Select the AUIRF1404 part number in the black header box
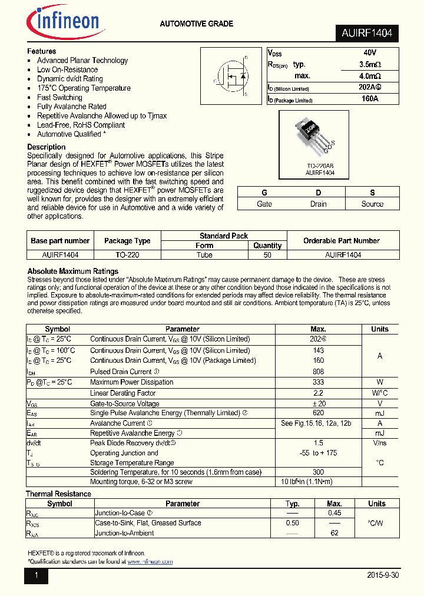click(366, 34)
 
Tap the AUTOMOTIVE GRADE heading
click(197, 24)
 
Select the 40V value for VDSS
click(370, 53)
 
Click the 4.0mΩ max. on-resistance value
click(370, 76)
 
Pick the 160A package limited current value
click(370, 99)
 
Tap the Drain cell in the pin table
click(318, 204)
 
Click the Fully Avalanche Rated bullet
click(72, 107)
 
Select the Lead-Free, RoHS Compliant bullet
click(81, 125)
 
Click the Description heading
click(47, 147)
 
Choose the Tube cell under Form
click(204, 255)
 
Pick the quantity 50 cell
click(267, 255)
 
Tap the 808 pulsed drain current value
click(319, 372)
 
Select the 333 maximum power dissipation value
click(319, 382)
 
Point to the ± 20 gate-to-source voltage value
click(319, 403)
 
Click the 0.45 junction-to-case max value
click(334, 513)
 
